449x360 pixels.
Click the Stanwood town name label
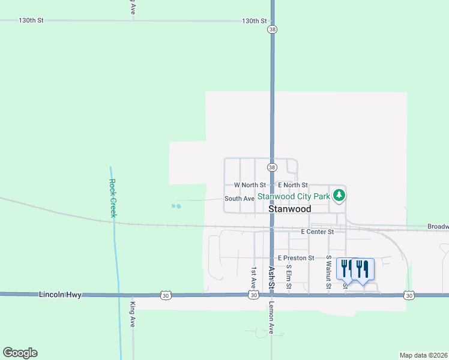coord(289,209)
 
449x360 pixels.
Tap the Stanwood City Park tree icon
coord(339,195)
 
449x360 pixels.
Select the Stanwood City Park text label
coord(294,196)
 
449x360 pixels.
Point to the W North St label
coord(250,185)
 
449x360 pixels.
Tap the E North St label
coord(293,185)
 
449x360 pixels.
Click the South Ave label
coord(240,199)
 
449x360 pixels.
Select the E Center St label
coord(317,231)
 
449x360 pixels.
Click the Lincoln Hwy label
coord(59,295)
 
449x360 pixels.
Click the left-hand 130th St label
coord(31,20)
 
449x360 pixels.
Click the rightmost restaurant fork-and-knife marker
coord(363,268)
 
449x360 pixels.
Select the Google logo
coord(20,353)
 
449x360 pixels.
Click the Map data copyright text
coord(423,355)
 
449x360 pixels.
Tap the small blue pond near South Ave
coord(176,206)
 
